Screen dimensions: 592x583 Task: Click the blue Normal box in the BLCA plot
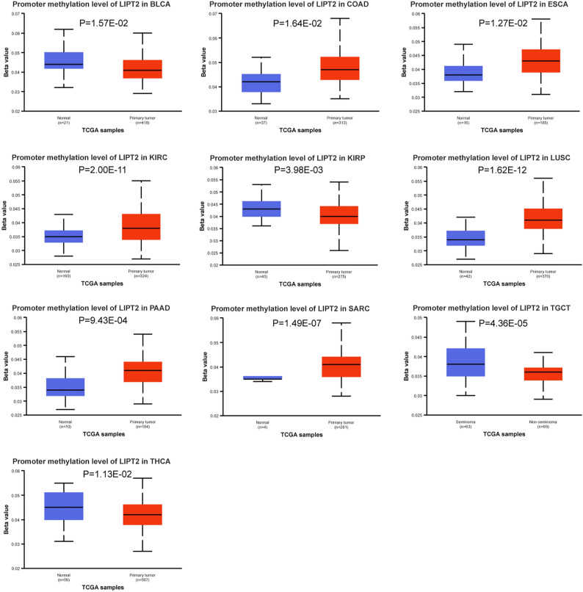pyautogui.click(x=64, y=60)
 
